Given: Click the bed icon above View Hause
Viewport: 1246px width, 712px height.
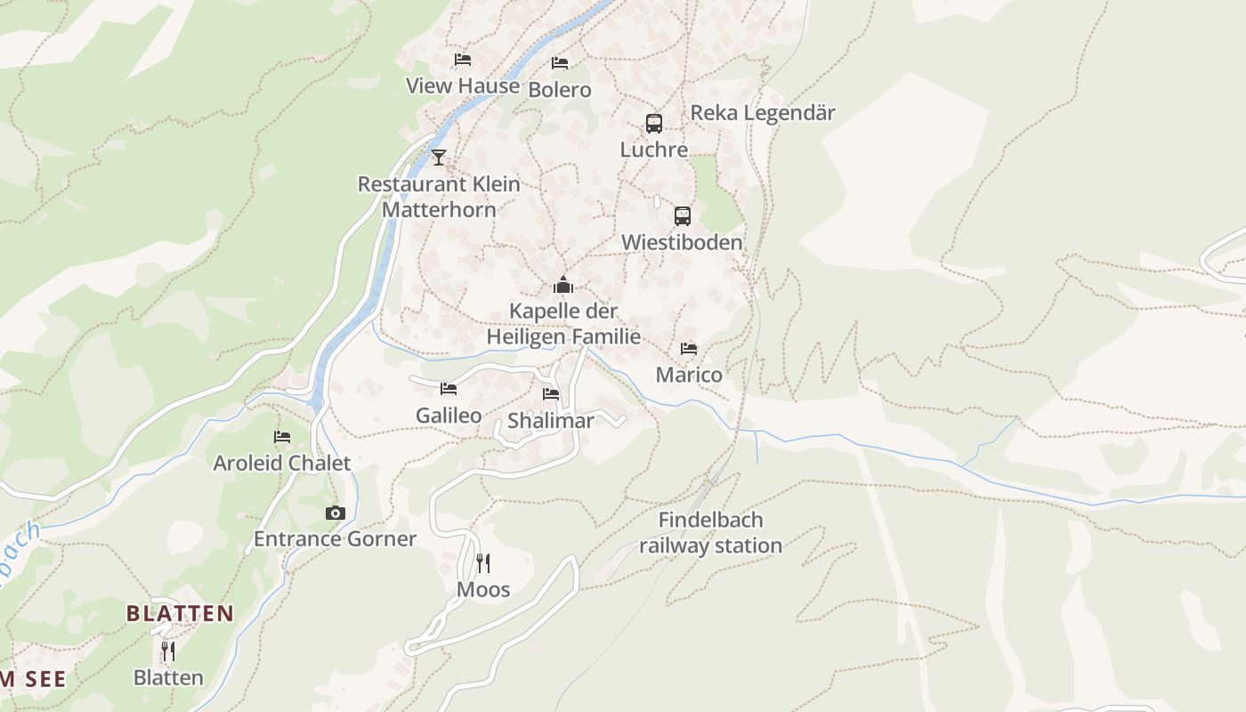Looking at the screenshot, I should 463,60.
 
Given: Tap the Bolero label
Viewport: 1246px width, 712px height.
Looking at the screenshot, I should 560,90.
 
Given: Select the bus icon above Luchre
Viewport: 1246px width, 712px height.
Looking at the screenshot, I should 654,124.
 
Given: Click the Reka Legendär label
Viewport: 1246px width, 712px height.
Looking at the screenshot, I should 763,113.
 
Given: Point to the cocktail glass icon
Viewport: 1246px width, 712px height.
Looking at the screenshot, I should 439,158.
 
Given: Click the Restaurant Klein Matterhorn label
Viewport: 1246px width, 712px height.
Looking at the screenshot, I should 439,197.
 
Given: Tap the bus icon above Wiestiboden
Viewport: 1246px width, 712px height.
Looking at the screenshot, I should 683,216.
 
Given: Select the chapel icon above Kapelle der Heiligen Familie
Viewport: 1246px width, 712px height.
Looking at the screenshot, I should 563,285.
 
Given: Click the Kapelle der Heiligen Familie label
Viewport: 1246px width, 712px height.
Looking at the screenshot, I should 563,324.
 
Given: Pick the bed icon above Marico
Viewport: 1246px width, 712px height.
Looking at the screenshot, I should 689,349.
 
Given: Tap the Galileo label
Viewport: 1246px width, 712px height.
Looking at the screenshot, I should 449,416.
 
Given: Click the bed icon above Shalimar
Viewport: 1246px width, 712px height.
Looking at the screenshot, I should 551,394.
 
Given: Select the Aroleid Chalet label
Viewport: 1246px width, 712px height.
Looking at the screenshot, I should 282,463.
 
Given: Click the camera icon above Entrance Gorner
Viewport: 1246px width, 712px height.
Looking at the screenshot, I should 336,513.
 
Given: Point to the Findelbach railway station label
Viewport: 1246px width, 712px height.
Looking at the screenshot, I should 710,532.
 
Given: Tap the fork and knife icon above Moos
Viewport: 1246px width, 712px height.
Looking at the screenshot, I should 482,563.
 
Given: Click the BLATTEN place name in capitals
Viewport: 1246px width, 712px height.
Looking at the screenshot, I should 180,613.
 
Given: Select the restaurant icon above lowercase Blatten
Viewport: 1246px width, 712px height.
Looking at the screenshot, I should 168,651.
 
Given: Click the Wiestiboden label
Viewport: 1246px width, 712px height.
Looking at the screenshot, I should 682,242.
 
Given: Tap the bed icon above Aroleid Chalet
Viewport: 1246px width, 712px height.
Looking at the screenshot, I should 282,437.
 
